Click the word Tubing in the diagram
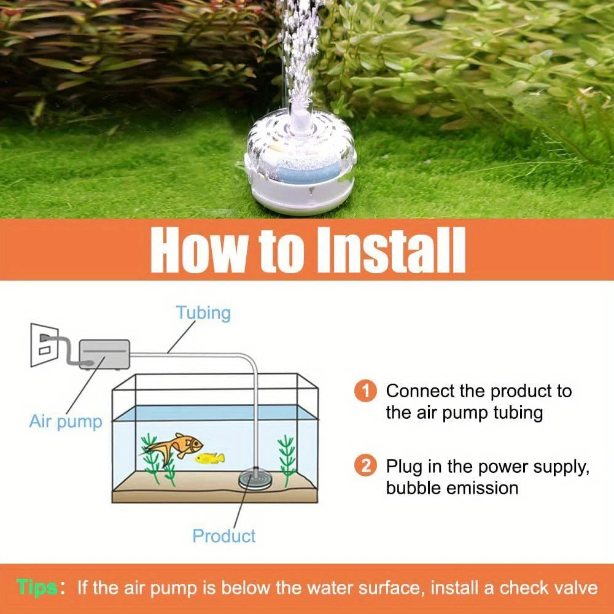pos(203,313)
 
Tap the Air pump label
pos(66,422)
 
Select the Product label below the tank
pos(224,535)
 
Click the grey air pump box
pos(104,354)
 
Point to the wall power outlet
pos(44,345)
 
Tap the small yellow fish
pos(210,458)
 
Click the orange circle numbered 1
pos(365,391)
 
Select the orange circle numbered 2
pos(365,466)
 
